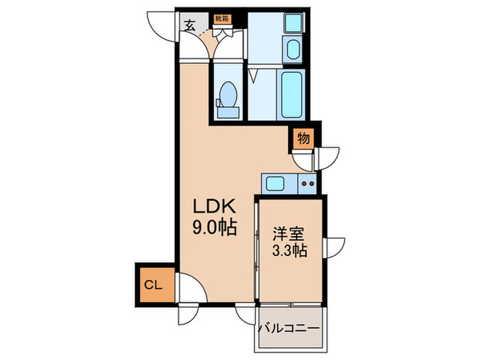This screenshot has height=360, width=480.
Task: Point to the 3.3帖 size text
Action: (288, 251)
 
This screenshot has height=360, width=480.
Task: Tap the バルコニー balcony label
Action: (289, 328)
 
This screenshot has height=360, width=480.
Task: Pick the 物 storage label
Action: (303, 139)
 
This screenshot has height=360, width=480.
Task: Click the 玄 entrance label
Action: (189, 26)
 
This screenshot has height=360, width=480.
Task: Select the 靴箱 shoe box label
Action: (223, 19)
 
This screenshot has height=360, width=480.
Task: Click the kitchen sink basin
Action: (276, 183)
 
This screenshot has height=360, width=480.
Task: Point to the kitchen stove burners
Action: (307, 183)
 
